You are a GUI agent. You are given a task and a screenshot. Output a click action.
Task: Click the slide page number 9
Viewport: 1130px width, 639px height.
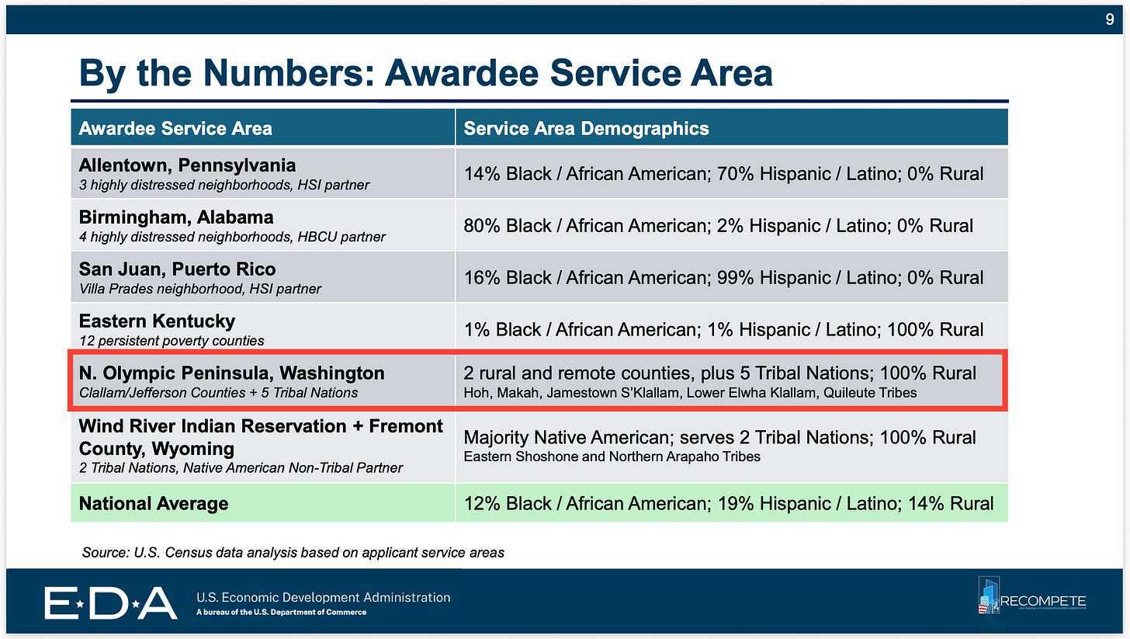[1109, 19]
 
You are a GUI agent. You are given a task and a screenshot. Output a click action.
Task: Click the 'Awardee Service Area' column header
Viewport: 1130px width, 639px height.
[175, 128]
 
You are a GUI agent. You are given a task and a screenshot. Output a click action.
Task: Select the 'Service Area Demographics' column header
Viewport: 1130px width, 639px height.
[586, 128]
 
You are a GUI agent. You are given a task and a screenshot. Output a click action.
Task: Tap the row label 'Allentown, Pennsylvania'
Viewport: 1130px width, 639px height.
[187, 165]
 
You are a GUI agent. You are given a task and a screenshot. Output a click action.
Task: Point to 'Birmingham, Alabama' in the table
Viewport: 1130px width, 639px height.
[176, 217]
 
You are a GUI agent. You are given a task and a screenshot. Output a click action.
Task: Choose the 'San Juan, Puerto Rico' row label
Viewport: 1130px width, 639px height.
[177, 269]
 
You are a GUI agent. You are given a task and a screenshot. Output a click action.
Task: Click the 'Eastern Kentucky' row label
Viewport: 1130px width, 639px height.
[157, 321]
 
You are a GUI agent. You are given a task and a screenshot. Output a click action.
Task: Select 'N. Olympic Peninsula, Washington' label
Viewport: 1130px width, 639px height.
[231, 373]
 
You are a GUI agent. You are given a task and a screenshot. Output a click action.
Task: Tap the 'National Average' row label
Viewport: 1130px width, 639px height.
[154, 503]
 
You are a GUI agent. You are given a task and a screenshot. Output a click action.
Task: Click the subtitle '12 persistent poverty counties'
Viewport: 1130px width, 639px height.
[172, 341]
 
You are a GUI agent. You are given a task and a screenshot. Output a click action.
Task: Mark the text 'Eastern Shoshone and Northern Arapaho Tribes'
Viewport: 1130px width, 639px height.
[612, 457]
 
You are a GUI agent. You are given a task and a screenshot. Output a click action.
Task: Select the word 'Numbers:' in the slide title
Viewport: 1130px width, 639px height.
[289, 73]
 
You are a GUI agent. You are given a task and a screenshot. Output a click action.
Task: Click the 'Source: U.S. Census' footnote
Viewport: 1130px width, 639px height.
[293, 552]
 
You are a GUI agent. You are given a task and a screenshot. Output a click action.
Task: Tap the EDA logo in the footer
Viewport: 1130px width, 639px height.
[110, 603]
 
